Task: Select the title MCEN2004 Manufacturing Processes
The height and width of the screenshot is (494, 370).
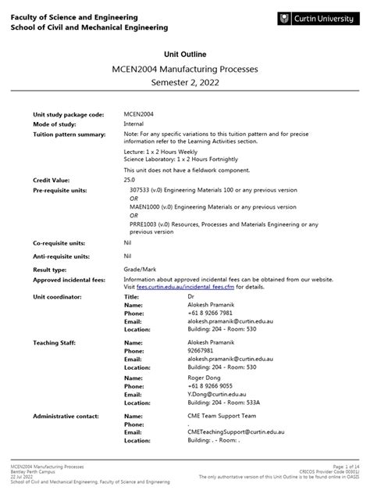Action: (184, 70)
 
